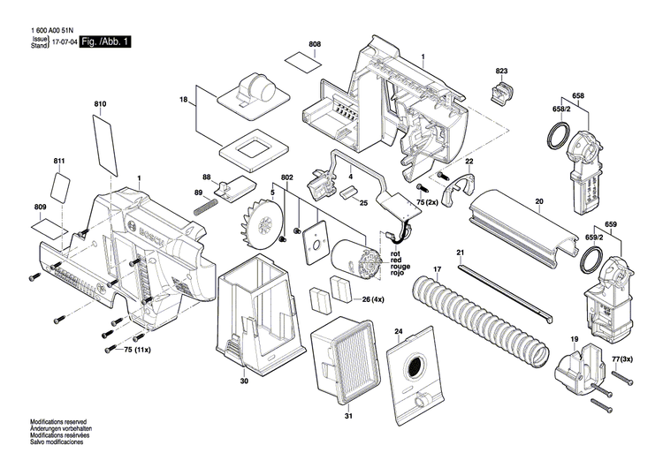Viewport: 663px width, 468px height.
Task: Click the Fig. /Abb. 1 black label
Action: (104, 42)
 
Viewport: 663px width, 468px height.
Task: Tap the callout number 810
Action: (100, 105)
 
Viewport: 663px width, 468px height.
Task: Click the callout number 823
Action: (501, 71)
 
